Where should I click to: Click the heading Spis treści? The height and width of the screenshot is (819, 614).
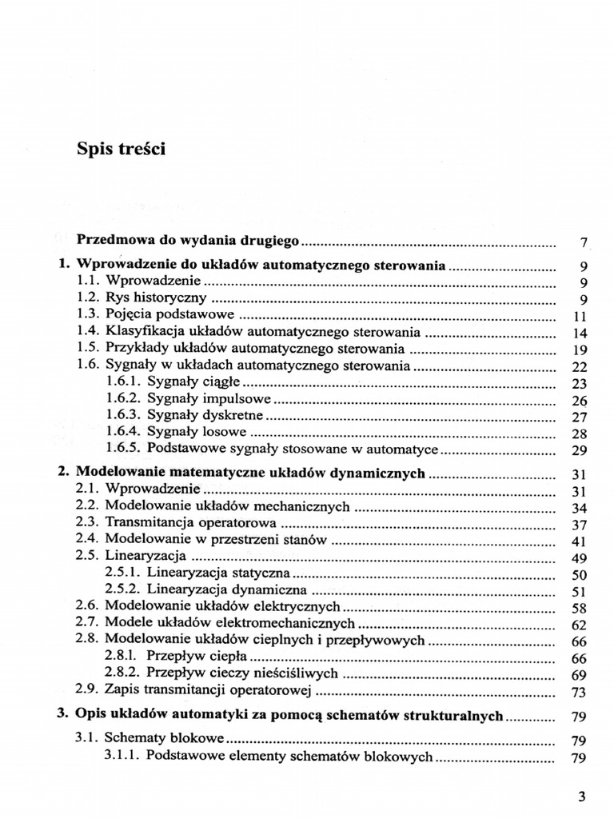click(121, 149)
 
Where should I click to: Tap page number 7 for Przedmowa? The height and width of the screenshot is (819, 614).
click(584, 242)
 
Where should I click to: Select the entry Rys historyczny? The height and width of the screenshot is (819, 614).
click(156, 298)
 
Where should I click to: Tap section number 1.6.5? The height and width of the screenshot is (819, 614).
click(123, 449)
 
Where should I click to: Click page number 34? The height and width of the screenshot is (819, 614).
click(581, 508)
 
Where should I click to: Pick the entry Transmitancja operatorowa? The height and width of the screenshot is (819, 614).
click(193, 524)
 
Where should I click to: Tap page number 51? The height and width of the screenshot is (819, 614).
click(581, 592)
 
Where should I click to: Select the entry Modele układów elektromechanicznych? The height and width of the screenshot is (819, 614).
click(229, 623)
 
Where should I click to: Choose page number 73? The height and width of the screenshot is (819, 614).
click(581, 693)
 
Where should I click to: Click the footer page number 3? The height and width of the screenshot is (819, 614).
click(582, 797)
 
